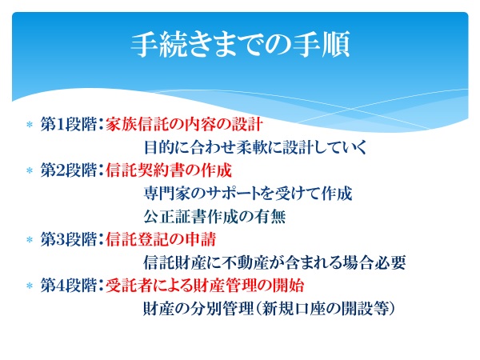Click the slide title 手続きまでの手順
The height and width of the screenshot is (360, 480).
coord(241,44)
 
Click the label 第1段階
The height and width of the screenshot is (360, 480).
coord(69,124)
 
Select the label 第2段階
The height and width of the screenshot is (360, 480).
coord(69,170)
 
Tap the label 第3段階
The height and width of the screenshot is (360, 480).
coord(69,239)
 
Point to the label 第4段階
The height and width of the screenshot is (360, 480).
coord(69,286)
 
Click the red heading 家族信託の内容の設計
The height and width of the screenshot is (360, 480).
coord(184,124)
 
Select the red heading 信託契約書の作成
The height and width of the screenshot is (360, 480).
coord(169,170)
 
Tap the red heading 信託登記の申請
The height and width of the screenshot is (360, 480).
coord(161,239)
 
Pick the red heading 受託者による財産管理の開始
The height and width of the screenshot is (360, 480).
coord(205,286)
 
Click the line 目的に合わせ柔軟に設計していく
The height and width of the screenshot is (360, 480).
coord(255,147)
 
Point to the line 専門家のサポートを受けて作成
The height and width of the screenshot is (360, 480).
coord(248,194)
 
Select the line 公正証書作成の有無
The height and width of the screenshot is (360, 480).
coord(214,217)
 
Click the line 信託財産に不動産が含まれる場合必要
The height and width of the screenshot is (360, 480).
coord(274,262)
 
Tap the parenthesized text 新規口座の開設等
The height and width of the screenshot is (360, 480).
coord(325,309)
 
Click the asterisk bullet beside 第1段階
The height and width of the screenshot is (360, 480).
coord(30,125)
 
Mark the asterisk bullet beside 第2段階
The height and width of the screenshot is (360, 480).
coord(30,170)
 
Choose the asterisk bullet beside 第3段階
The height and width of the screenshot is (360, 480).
coord(30,240)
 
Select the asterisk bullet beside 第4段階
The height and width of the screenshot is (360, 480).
coord(30,286)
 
